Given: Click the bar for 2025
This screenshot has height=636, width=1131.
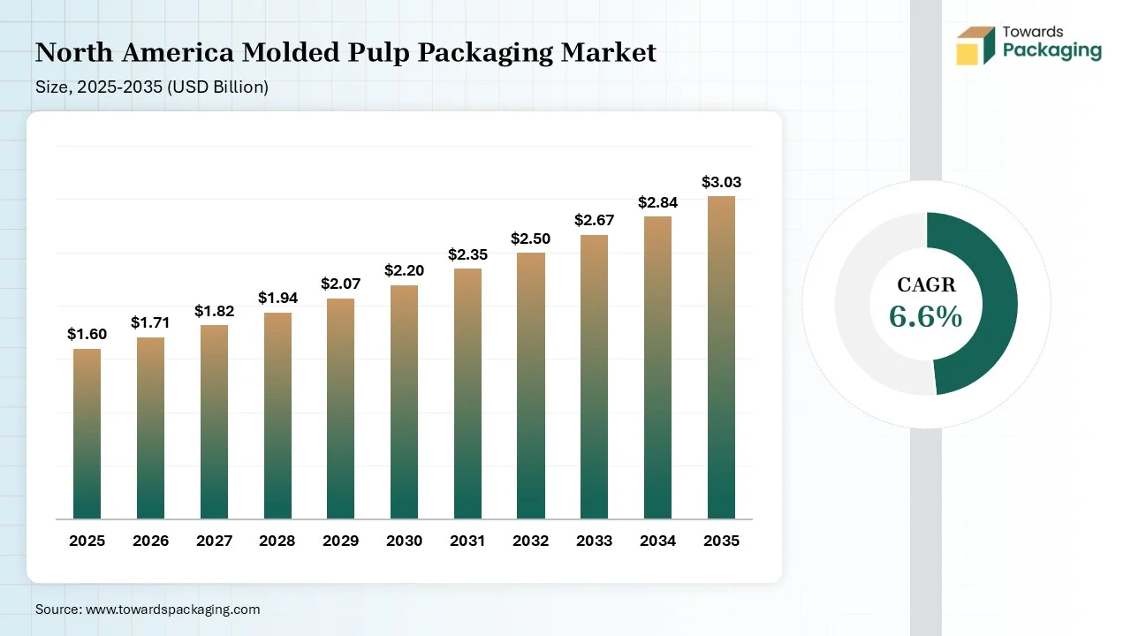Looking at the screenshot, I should (87, 434).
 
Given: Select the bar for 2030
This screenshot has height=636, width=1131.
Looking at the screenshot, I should (404, 402).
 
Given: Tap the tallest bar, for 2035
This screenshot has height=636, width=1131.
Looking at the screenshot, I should (721, 357).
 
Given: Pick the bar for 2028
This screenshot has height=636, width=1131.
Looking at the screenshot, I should (277, 415).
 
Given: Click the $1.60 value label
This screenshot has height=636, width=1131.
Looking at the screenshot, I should (87, 334).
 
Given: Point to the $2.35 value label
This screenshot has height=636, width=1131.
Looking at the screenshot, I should (467, 254).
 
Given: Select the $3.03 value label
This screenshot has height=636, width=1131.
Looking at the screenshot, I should (721, 183).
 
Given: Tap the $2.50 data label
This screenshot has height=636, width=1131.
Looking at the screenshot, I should (531, 238).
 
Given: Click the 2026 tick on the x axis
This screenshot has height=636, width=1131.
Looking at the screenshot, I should (150, 541).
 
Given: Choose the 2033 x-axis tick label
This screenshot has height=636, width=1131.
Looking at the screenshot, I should (594, 541).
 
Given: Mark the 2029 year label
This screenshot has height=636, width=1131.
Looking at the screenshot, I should (340, 541).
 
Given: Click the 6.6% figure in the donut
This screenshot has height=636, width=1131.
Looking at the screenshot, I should (925, 315).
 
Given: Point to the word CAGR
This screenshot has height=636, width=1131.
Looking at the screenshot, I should (926, 284).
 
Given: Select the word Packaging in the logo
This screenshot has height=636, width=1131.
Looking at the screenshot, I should (1052, 50).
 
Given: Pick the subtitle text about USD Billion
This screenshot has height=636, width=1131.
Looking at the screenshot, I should (152, 87).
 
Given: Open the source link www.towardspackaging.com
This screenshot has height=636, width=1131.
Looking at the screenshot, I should (171, 609).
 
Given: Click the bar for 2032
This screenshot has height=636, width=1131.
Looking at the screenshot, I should (531, 386).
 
